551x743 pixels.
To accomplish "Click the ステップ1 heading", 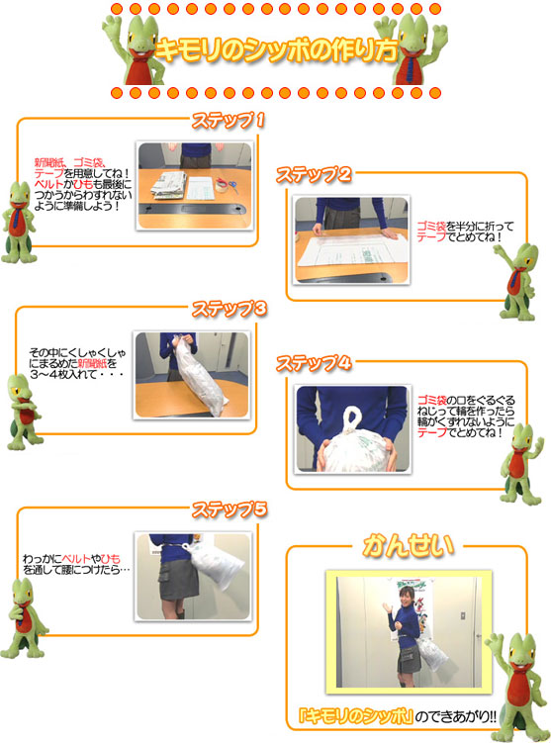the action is pyautogui.click(x=228, y=121).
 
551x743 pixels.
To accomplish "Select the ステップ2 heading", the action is pyautogui.click(x=314, y=174).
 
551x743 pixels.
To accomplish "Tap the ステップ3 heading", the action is pyautogui.click(x=230, y=309).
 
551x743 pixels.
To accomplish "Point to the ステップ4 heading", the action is pyautogui.click(x=314, y=363).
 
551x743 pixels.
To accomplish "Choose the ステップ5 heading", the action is pyautogui.click(x=230, y=510).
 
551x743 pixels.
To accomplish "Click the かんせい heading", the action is pyautogui.click(x=408, y=545).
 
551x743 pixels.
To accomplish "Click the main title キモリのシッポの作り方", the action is pyautogui.click(x=276, y=49).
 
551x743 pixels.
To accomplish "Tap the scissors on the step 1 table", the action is pyautogui.click(x=232, y=185).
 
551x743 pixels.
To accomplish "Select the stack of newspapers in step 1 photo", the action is pyautogui.click(x=168, y=186).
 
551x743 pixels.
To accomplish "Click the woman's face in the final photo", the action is pyautogui.click(x=407, y=597).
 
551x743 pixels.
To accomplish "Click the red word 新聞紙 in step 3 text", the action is pyautogui.click(x=92, y=363).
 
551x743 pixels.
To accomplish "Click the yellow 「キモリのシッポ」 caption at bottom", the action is pyautogui.click(x=356, y=715).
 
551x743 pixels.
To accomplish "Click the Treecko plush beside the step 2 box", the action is pyautogui.click(x=517, y=281).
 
